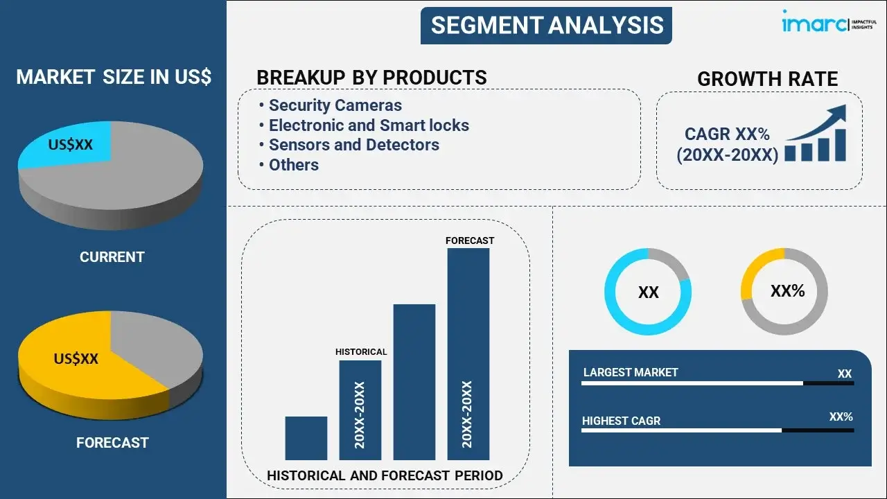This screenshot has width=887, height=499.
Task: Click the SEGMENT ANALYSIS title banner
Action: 546,26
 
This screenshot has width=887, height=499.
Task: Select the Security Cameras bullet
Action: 335,105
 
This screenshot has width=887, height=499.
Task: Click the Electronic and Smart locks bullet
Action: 369,125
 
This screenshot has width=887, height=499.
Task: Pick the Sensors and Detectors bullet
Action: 353,145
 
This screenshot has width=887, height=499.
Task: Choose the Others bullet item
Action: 294,165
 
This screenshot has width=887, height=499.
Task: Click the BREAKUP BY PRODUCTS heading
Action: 371,77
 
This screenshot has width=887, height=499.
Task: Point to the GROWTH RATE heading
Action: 767,79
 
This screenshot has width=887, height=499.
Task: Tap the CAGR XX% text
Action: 727,134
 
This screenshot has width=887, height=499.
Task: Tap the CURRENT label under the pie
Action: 112,257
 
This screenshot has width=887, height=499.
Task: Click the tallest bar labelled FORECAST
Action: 468,353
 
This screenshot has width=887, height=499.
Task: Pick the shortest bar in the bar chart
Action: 306,438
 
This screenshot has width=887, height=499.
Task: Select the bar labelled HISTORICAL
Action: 360,409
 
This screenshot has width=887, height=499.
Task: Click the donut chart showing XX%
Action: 784,291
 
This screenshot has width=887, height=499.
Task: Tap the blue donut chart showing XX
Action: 648,292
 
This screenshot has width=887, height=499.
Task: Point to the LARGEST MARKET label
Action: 631,372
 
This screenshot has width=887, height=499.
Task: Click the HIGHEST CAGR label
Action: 621,421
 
